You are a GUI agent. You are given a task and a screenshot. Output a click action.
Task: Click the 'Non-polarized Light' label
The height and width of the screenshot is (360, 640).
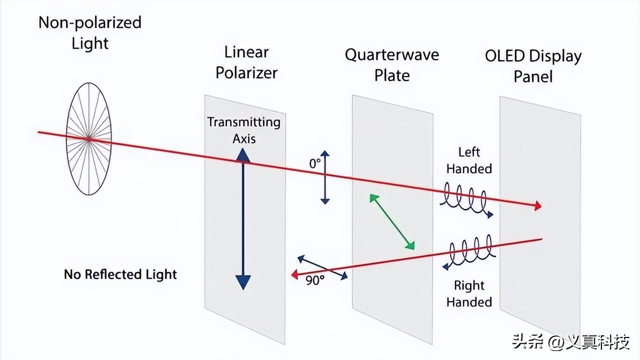tap(90, 32)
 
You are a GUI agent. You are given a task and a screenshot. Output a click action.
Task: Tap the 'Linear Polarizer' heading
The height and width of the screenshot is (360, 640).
tap(246, 62)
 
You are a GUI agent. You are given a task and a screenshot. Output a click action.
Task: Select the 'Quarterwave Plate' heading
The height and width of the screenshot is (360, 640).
tap(392, 64)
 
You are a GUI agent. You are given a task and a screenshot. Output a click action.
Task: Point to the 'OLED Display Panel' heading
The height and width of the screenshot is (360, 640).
tap(533, 66)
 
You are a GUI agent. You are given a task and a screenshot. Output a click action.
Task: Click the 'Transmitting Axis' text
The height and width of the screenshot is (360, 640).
tap(243, 129)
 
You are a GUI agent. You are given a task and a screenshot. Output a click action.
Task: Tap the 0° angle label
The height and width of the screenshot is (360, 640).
tap(315, 163)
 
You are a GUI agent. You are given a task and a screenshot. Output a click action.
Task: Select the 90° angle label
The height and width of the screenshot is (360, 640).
tap(315, 280)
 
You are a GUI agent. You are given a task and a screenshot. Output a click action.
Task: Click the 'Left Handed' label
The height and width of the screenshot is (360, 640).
tap(469, 160)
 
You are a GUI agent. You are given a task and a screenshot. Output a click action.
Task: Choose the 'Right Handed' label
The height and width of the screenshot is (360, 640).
tap(469, 293)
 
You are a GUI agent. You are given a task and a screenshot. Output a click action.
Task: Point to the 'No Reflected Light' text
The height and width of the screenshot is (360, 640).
tap(120, 274)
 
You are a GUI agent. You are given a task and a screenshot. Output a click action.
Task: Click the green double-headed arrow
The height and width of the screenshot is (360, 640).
tap(392, 221)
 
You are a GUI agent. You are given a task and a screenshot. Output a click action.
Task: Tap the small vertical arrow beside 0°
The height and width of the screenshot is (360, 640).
tap(325, 177)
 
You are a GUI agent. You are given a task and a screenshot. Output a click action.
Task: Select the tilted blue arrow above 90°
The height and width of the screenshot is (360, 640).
tap(322, 267)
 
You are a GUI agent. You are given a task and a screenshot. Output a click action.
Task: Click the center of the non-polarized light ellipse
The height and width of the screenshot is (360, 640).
tap(89, 138)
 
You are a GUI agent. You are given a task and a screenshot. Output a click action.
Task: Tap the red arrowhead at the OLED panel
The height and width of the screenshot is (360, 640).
tap(537, 206)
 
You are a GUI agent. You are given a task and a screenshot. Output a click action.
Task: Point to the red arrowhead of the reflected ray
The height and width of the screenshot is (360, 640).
tap(295, 273)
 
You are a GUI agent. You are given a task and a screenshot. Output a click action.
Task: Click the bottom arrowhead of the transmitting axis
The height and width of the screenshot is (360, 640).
tap(242, 282)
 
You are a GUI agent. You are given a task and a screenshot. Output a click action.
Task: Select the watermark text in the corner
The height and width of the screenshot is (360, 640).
tap(569, 342)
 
